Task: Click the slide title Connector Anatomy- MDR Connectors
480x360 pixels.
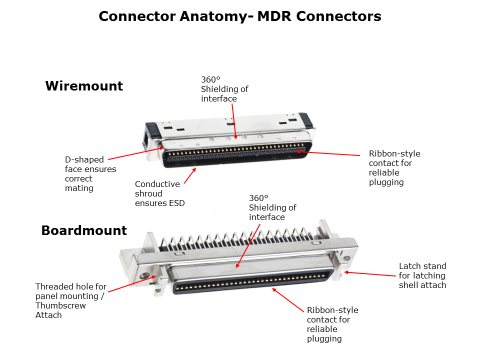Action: [239, 16]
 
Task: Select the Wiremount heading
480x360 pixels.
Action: [84, 85]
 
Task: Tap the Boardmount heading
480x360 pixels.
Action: [84, 230]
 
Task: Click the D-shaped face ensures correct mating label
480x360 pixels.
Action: [90, 173]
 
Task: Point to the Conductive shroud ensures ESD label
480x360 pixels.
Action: [160, 193]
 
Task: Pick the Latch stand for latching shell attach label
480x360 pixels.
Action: [422, 275]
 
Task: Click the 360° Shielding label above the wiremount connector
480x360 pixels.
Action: [224, 89]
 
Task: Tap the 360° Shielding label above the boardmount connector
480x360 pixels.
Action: [272, 207]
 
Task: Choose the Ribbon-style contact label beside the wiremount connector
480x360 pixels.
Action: [394, 168]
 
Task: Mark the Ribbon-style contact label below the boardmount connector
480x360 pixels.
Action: [332, 324]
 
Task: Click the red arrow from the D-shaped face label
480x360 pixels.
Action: [136, 153]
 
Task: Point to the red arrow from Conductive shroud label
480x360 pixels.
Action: [190, 176]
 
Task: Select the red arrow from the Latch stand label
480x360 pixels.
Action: [370, 273]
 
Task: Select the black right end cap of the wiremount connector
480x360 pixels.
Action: [306, 120]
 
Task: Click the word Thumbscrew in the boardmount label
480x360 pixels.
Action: [60, 305]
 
